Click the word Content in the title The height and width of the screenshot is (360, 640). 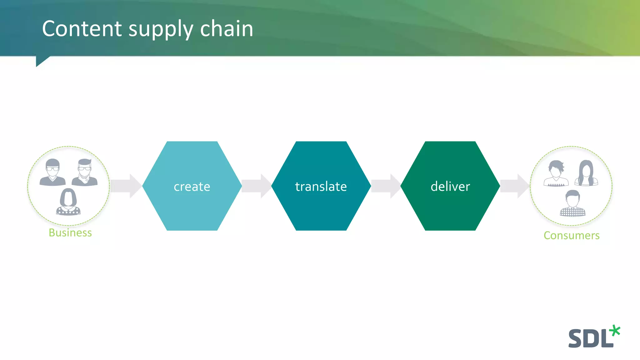tap(82, 29)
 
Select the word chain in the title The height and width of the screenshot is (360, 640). tap(226, 29)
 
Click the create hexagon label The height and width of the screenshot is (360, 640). tap(192, 187)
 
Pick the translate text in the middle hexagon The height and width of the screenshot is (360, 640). tap(321, 187)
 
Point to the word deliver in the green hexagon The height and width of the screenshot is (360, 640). tap(450, 187)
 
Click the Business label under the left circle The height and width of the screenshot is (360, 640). tap(70, 233)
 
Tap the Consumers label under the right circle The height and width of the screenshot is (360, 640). tap(571, 235)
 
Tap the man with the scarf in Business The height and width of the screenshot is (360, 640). tap(85, 172)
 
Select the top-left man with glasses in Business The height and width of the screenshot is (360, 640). tap(52, 172)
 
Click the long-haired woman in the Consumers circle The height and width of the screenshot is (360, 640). tap(586, 173)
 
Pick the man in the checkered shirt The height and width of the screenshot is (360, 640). tap(572, 204)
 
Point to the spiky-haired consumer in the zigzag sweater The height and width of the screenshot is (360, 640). tap(556, 174)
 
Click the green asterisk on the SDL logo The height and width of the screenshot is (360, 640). tap(615, 331)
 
